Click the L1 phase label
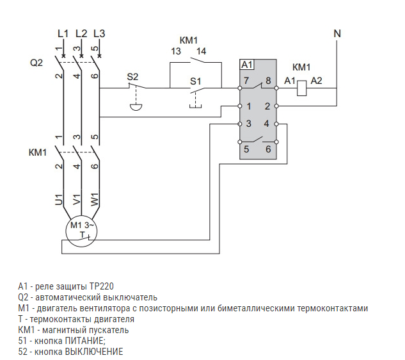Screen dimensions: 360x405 coord(62,33)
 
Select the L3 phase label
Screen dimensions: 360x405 coord(99,33)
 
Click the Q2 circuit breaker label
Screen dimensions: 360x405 coord(37,63)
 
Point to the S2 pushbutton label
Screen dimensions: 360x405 coord(132,76)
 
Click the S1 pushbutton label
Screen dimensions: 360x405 coord(196,81)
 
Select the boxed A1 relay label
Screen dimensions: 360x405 coord(247,64)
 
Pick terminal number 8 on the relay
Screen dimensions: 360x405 coord(269,81)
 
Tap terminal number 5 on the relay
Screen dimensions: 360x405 coord(246,150)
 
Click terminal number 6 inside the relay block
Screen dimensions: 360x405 coord(268,150)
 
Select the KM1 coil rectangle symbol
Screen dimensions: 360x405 coord(303,89)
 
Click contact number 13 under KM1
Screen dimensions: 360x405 coord(175,52)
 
